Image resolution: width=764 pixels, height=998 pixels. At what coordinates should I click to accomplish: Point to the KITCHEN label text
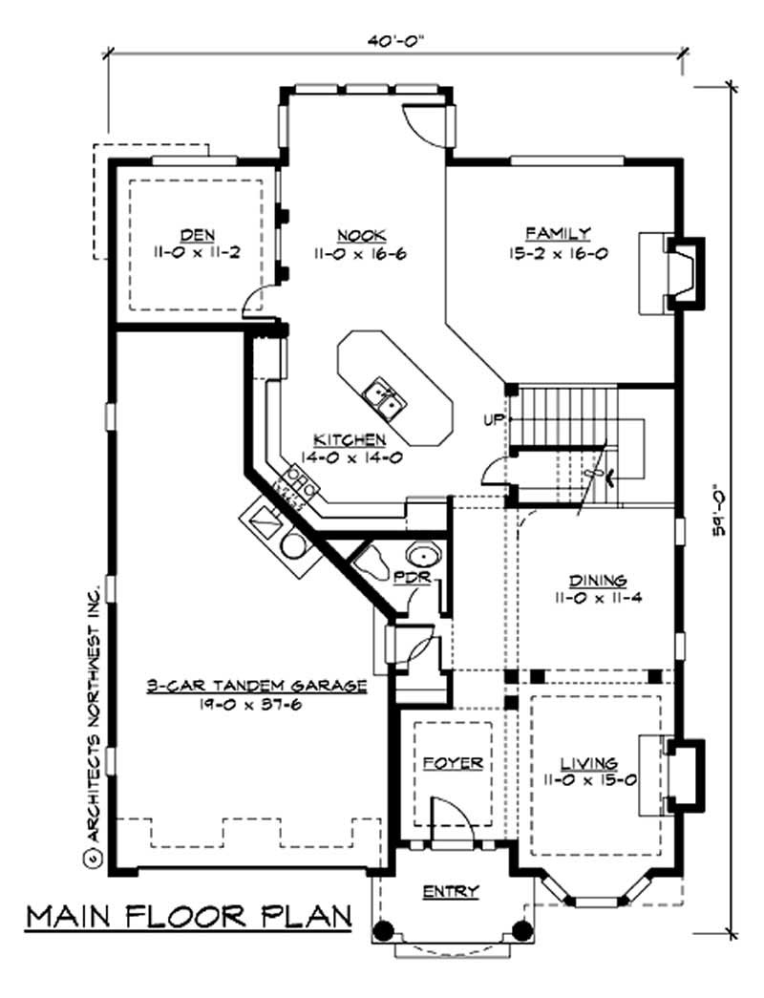pyautogui.click(x=350, y=440)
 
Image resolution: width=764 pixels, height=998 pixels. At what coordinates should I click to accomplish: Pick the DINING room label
pyautogui.click(x=597, y=581)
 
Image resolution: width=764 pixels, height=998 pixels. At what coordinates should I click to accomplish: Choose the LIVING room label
pyautogui.click(x=589, y=764)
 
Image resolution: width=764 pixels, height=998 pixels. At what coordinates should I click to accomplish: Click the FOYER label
pyautogui.click(x=453, y=764)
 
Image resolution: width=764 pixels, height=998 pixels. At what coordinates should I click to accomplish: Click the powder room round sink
pyautogui.click(x=420, y=555)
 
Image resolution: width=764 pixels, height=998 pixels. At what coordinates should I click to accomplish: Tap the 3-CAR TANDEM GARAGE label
pyautogui.click(x=257, y=685)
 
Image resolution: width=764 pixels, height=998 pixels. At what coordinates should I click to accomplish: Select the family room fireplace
pyautogui.click(x=680, y=272)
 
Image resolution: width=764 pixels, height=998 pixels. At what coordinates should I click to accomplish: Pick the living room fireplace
pyautogui.click(x=682, y=772)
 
